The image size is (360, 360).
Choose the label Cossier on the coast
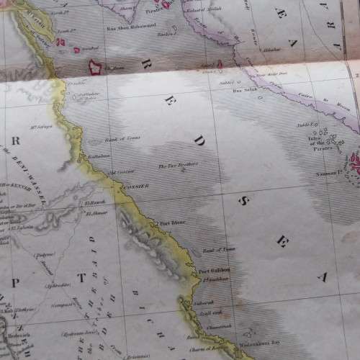point(138,186)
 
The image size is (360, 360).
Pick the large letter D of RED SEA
point(199,140)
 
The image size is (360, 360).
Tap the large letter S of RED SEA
point(243,201)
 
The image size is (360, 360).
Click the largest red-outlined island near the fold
point(95,68)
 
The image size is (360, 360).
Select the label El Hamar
point(96,212)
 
